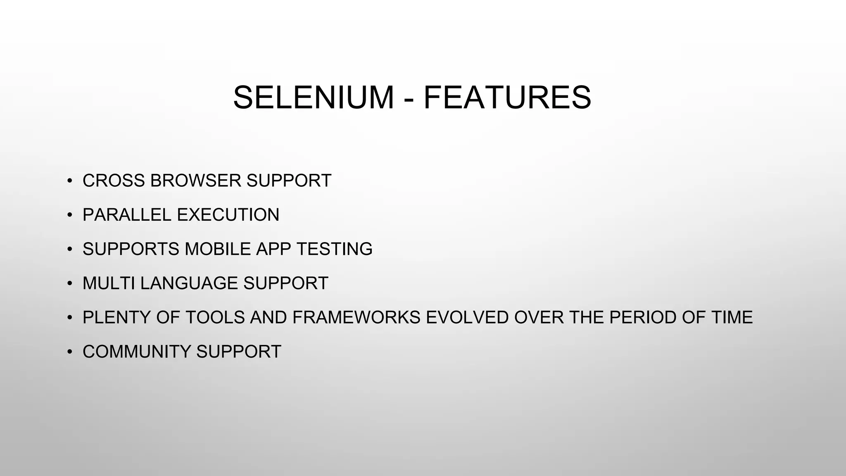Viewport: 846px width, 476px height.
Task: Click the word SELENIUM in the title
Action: tap(314, 98)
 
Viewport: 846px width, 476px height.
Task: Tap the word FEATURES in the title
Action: tap(507, 98)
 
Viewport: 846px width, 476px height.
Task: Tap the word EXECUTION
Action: tap(228, 215)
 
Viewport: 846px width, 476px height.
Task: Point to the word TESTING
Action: tap(334, 249)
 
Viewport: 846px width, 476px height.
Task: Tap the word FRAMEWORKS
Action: tap(356, 317)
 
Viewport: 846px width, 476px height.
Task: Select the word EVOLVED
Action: tap(467, 317)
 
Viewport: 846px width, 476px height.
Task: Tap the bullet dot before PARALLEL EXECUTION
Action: tap(70, 215)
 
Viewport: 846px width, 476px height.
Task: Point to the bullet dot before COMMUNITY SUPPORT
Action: tap(70, 352)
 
